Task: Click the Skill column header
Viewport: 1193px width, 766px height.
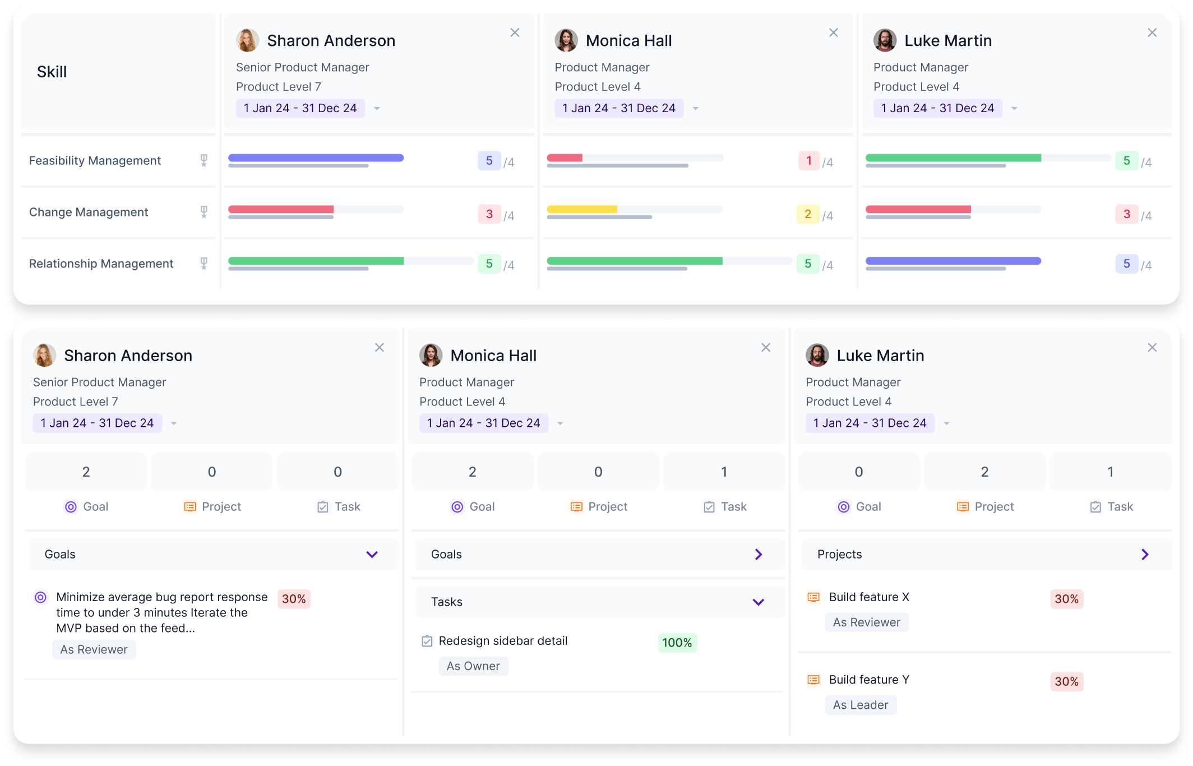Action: [52, 72]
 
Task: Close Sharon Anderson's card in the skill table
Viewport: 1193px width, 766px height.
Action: [515, 33]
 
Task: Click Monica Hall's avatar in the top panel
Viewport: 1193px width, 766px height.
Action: [566, 40]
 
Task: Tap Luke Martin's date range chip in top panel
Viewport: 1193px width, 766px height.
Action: [937, 108]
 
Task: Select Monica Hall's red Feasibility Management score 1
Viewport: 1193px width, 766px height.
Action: [808, 161]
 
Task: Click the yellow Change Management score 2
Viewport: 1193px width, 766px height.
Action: [807, 214]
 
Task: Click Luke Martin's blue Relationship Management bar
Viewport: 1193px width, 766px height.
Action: [952, 261]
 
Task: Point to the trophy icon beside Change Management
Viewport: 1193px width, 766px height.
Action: [204, 212]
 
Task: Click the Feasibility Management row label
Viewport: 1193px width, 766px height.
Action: [95, 161]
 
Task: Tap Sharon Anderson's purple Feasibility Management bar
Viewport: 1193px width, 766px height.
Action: [316, 158]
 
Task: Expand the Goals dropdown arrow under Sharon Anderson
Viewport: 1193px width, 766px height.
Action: [372, 555]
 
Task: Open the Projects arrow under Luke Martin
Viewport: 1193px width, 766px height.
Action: [1145, 555]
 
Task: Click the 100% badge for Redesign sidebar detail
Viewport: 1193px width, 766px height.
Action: [677, 643]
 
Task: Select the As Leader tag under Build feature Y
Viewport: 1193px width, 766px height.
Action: [860, 705]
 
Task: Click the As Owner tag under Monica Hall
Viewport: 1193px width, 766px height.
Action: [473, 666]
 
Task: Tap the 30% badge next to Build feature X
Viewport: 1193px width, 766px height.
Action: [1066, 599]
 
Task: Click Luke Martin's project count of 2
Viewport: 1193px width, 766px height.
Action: [984, 472]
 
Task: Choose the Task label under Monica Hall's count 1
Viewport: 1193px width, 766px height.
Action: [733, 507]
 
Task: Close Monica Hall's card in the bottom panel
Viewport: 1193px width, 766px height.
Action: [765, 348]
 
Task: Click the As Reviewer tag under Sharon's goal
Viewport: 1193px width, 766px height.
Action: [94, 649]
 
